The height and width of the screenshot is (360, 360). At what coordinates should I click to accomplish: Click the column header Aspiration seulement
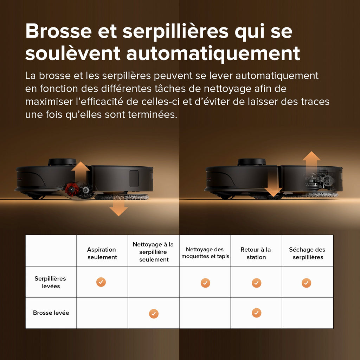tap(102, 253)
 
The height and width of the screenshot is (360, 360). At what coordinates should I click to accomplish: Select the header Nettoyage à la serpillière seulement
tap(154, 252)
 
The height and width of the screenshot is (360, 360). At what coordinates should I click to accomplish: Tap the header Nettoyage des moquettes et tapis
tap(205, 253)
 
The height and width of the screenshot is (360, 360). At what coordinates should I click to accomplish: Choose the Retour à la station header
tap(256, 253)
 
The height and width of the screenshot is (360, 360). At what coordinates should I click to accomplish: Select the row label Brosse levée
tap(51, 313)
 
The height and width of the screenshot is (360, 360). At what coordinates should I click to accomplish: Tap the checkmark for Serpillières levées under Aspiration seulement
tap(101, 282)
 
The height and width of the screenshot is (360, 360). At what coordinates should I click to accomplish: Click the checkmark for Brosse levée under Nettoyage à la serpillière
tap(154, 314)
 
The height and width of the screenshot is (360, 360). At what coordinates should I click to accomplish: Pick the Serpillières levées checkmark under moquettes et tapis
tap(205, 283)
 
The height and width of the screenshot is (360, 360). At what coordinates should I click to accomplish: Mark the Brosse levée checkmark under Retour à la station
tap(257, 313)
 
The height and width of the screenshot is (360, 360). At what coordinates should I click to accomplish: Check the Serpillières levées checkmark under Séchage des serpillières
tap(306, 283)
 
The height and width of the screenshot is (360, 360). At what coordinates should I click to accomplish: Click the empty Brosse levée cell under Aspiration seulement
tap(102, 313)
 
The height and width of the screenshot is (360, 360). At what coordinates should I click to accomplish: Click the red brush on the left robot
tap(72, 189)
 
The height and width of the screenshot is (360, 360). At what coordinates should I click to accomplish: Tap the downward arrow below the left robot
tap(118, 209)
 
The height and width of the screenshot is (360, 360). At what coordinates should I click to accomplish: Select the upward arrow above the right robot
tap(311, 160)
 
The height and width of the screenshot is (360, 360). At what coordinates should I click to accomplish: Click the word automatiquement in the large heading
tap(213, 53)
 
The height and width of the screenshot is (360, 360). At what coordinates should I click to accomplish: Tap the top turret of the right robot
tap(251, 162)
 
